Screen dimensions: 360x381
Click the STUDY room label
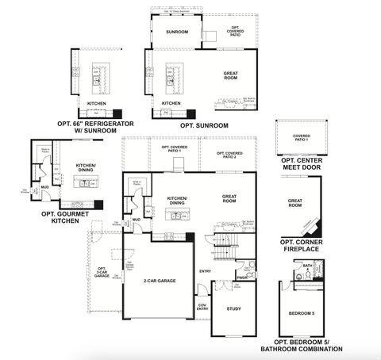pyautogui.click(x=233, y=309)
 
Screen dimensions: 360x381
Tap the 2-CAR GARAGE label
pyautogui.click(x=160, y=281)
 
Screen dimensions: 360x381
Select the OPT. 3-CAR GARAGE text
pyautogui.click(x=101, y=273)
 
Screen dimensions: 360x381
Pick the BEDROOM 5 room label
pyautogui.click(x=302, y=314)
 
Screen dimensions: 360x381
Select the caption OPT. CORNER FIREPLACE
pyautogui.click(x=301, y=247)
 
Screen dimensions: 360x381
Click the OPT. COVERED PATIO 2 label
pyautogui.click(x=229, y=155)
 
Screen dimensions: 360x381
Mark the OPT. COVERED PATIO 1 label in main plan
pyautogui.click(x=175, y=148)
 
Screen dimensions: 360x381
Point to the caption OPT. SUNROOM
pyautogui.click(x=204, y=125)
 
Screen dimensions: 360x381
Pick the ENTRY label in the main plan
pyautogui.click(x=204, y=271)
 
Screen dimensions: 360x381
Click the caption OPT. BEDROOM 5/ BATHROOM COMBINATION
pyautogui.click(x=302, y=346)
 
